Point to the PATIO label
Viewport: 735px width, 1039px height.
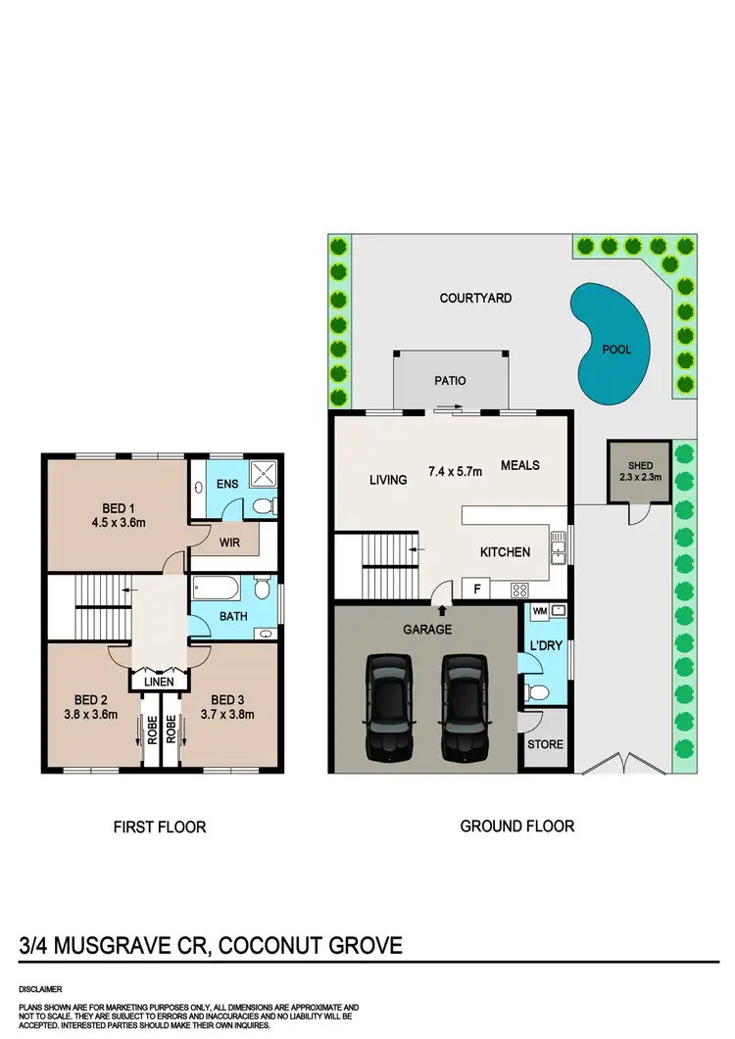451,381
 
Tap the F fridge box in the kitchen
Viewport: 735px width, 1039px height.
475,590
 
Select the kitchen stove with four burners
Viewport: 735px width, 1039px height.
520,590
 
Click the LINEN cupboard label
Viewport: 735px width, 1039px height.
159,681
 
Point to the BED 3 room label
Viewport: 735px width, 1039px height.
226,699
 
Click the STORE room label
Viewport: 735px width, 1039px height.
546,744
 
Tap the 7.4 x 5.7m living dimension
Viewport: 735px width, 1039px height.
456,471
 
